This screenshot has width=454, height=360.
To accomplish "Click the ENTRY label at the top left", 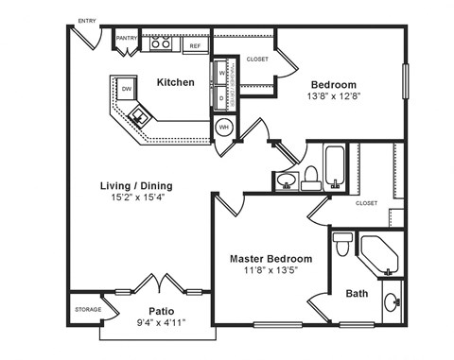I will (87, 19).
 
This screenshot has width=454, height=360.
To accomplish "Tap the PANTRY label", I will (127, 39).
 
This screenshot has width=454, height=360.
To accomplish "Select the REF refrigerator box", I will (196, 44).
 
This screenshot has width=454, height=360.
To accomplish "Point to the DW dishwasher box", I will (126, 89).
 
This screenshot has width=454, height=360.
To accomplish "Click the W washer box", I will (221, 73).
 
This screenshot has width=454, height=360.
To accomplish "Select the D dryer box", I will (221, 96).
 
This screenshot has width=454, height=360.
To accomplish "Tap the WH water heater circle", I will (225, 127).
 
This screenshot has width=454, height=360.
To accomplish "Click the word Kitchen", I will (176, 82).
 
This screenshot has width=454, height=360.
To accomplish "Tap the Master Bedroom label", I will (271, 258).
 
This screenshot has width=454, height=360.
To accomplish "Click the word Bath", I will (357, 293).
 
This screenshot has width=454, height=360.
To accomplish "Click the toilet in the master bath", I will (342, 243).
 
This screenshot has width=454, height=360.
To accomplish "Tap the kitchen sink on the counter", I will (140, 116).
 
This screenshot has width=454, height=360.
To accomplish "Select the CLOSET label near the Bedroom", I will (257, 59).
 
